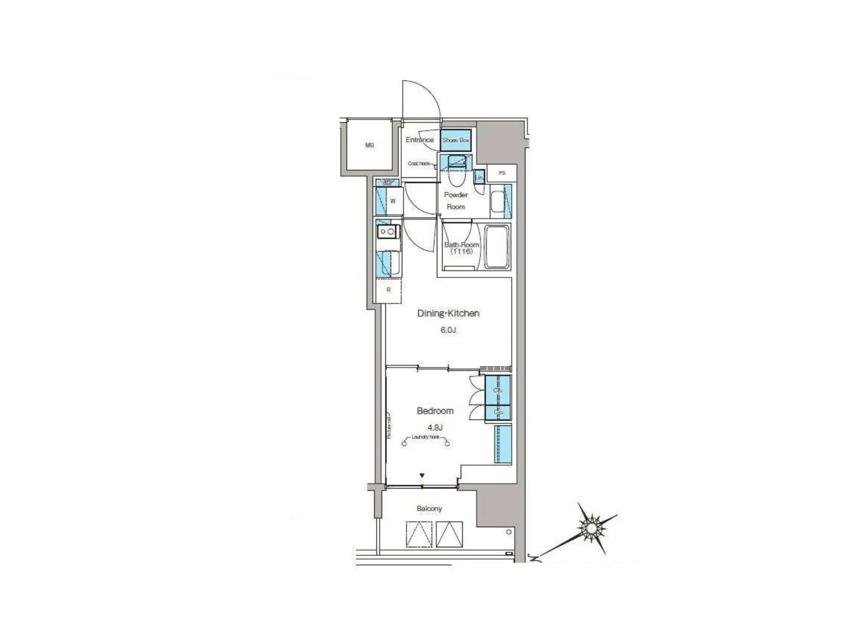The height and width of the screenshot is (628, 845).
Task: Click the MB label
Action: point(369,145)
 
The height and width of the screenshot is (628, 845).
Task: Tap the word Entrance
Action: point(419,140)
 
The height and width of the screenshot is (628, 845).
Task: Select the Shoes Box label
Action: point(456,140)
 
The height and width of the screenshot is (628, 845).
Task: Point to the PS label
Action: point(502,173)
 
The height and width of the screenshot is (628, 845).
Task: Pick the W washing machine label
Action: point(393,201)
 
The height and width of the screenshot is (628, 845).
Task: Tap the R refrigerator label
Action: point(389,290)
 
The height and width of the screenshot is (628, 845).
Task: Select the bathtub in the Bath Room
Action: point(496,247)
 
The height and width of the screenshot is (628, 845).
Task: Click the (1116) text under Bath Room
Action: point(461,251)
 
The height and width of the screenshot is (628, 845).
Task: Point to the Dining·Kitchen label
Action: point(448,314)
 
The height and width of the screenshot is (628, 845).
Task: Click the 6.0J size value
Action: point(448,330)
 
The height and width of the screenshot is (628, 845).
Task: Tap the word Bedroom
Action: point(435,411)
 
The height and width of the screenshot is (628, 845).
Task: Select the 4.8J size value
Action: point(435,427)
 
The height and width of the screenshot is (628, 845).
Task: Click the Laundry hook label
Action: point(426,437)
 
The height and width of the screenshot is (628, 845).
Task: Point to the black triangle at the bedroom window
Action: point(422,476)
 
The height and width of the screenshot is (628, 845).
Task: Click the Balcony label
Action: point(429,509)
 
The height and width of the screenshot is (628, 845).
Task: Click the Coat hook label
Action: point(418,164)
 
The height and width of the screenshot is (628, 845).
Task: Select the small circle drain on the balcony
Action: point(509,532)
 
